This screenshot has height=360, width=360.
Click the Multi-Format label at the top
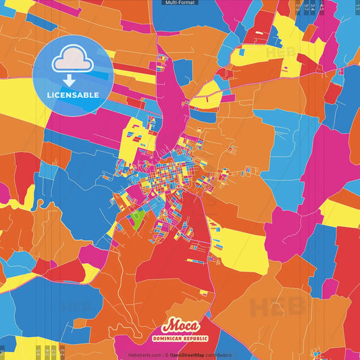[x=180, y=3]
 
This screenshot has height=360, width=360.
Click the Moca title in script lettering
[x=180, y=326]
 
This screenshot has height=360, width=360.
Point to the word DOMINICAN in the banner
[x=169, y=338]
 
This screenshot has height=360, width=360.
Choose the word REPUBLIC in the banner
[x=195, y=338]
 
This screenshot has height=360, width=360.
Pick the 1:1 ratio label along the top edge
[x=357, y=5]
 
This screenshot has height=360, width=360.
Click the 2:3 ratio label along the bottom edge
[x=61, y=352]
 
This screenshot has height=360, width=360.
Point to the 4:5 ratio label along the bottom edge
[x=38, y=352]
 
